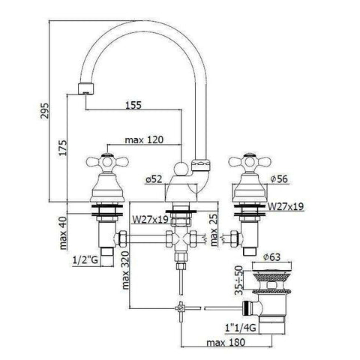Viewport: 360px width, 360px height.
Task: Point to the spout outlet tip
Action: point(86,90)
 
